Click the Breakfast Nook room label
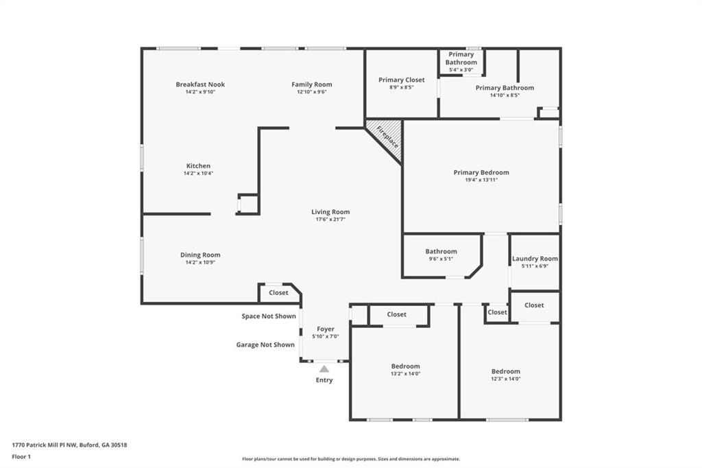point(200,84)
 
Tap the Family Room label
point(312,84)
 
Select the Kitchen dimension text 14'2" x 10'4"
point(198,173)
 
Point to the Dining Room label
point(200,255)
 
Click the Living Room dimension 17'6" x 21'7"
point(330,219)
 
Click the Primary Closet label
point(402,80)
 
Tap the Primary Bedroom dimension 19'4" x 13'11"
point(481,180)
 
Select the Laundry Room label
point(535,259)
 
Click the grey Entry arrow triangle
point(324,369)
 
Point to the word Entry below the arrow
point(324,380)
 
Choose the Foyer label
point(326,329)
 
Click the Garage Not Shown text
point(265,344)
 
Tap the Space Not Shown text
point(269,316)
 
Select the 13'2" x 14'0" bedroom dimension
point(406,373)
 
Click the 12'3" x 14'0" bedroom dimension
point(505,378)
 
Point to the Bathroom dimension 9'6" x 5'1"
point(441,259)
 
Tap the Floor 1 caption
point(21,457)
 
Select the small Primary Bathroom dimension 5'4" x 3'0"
point(461,69)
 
